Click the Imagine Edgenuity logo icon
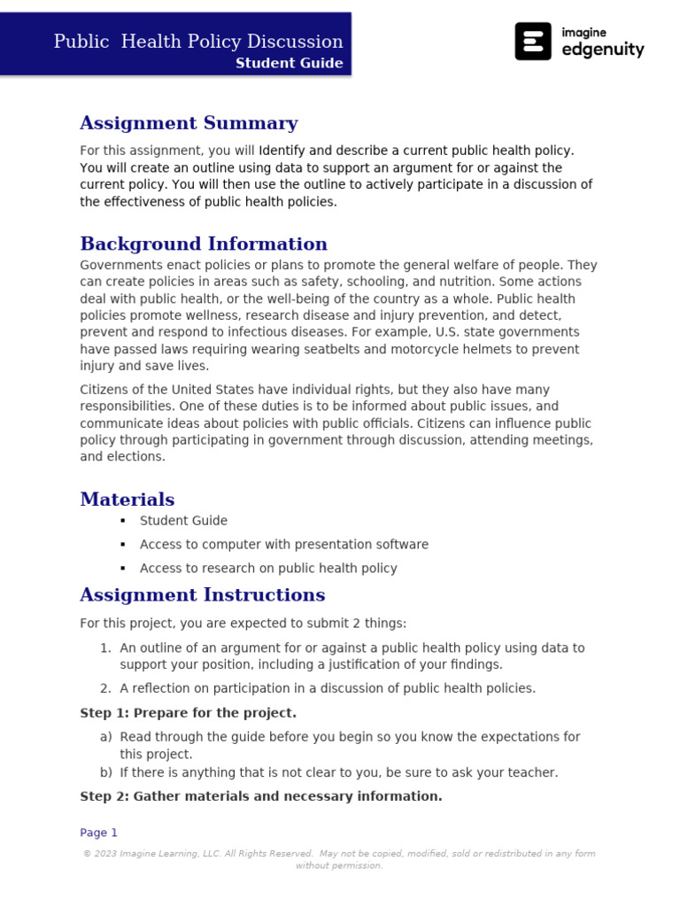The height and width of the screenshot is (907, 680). pos(533,42)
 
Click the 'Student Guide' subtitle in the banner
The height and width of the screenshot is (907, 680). pos(289,64)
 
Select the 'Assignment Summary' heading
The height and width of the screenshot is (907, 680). pos(189,123)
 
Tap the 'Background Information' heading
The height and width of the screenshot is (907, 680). pos(204,244)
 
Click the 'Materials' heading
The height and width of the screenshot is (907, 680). pos(127,500)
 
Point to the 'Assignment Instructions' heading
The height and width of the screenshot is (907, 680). pos(203,594)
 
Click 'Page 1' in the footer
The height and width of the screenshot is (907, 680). pos(98,833)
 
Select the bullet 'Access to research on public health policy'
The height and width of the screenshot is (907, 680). pos(268,569)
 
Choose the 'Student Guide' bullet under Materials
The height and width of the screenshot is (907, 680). pos(183,521)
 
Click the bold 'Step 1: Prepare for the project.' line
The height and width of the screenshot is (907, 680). pos(188,713)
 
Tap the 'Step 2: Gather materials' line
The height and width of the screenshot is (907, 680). pos(260,796)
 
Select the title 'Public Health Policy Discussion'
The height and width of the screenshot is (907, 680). pos(198,41)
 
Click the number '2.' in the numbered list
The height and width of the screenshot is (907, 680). pos(105,688)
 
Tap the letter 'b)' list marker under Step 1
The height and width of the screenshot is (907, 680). pos(105,772)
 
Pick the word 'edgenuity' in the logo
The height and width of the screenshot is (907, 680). pos(603,50)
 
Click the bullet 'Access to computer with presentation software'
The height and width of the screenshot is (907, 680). pos(284,545)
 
